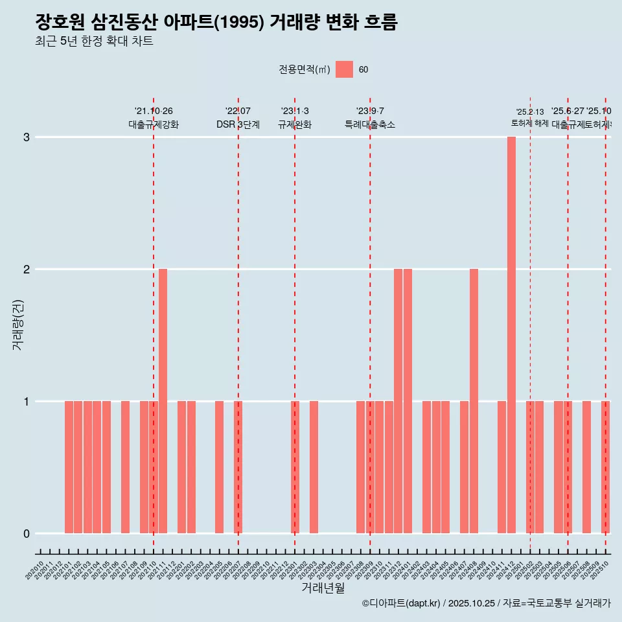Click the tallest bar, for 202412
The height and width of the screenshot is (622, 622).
click(x=511, y=335)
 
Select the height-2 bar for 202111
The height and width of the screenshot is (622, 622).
click(x=163, y=401)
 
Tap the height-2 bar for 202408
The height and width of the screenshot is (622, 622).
click(x=474, y=401)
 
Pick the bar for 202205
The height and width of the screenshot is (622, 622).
click(x=219, y=467)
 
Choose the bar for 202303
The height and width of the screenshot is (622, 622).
click(x=314, y=467)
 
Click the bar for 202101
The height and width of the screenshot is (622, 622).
click(x=69, y=467)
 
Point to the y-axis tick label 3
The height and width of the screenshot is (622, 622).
click(x=27, y=137)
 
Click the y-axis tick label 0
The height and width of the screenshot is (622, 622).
click(x=27, y=533)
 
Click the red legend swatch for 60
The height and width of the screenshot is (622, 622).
click(x=344, y=69)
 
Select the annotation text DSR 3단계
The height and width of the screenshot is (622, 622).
click(x=238, y=125)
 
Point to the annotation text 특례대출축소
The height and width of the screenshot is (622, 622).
click(x=370, y=125)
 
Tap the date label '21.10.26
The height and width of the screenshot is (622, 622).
click(x=154, y=111)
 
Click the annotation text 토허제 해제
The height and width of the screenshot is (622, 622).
click(x=530, y=123)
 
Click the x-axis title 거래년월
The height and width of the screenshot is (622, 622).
click(x=323, y=588)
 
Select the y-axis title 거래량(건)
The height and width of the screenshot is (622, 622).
click(x=18, y=324)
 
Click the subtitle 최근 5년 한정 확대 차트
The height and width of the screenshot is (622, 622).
click(x=94, y=41)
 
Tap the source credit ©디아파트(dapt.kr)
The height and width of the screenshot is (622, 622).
click(x=401, y=603)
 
